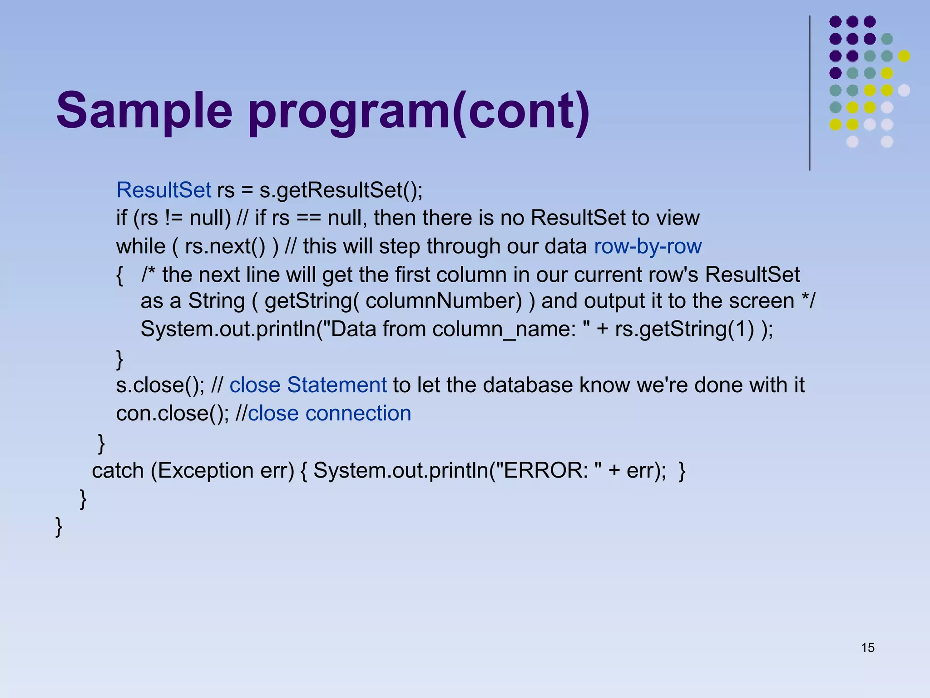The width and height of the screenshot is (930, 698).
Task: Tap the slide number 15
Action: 867,648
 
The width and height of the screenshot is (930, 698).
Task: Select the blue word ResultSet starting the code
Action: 163,190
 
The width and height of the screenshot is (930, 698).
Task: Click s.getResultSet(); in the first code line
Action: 341,190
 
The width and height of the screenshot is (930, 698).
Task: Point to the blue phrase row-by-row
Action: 648,246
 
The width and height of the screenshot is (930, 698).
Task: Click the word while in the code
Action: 141,246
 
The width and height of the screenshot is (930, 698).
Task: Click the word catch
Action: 118,470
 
